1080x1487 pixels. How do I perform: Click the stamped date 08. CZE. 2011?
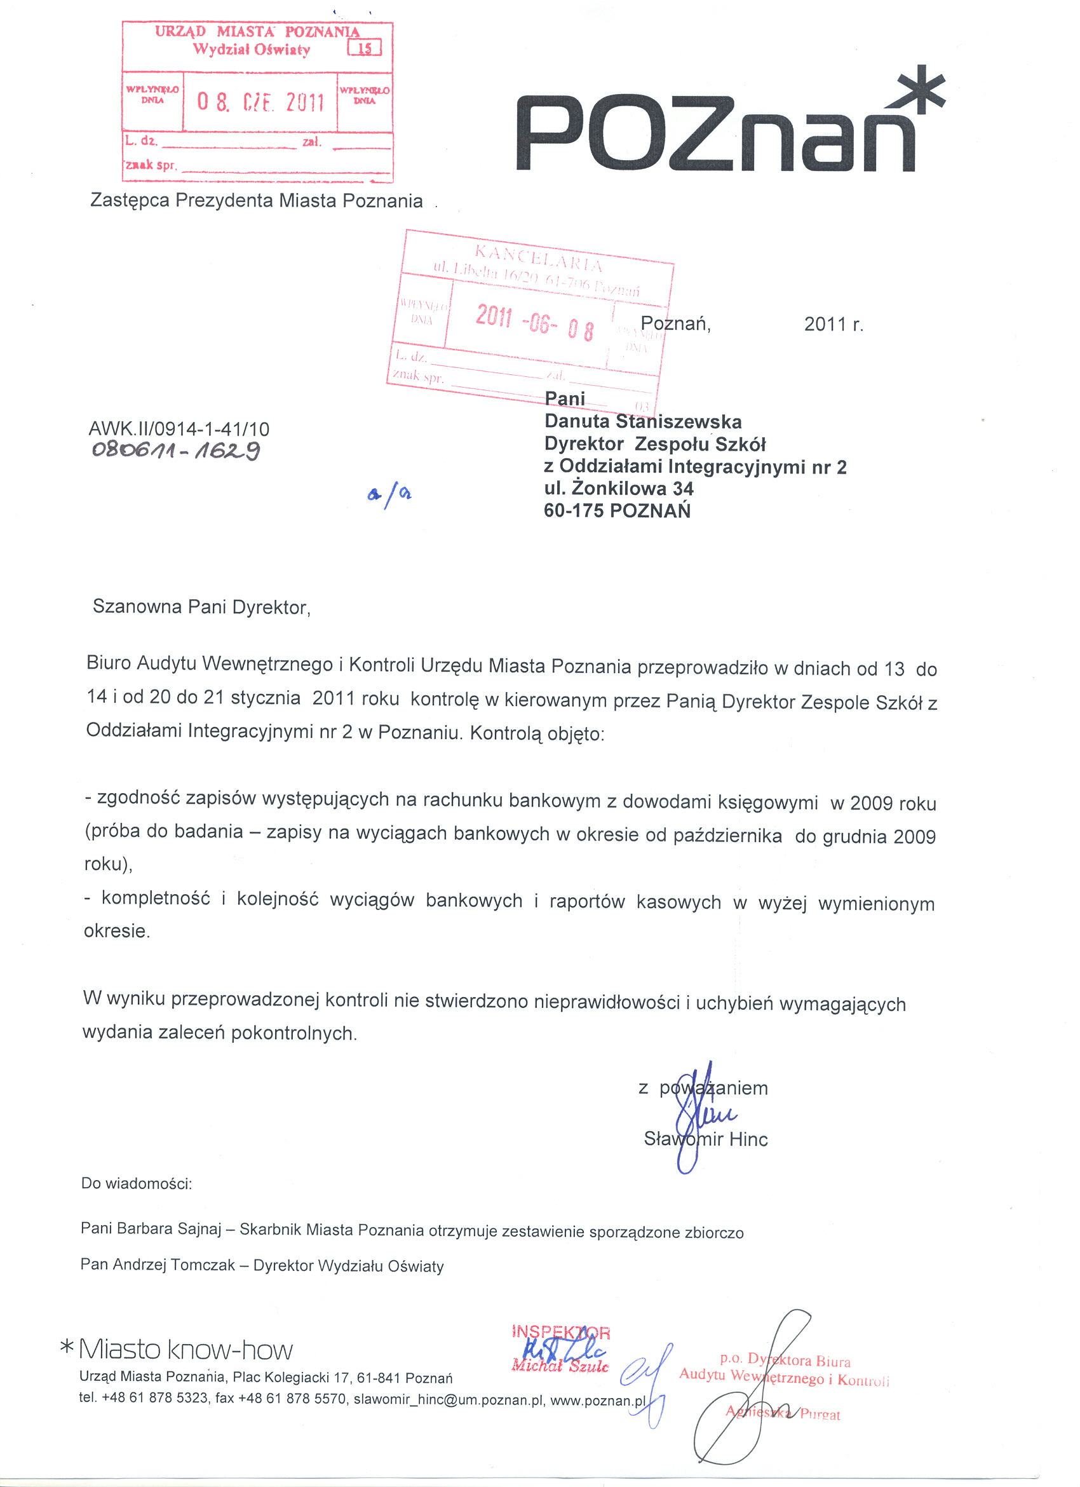(260, 102)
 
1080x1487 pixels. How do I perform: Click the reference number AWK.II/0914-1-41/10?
(179, 430)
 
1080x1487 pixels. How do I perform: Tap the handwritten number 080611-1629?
(175, 451)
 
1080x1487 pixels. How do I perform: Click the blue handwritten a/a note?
(389, 495)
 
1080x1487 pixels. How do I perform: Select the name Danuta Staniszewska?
(642, 421)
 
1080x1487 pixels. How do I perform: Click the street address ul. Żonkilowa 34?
(618, 489)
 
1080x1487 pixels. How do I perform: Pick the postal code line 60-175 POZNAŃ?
(617, 511)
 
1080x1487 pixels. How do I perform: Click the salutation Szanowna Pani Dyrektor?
(201, 606)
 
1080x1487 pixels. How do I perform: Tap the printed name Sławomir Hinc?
(705, 1139)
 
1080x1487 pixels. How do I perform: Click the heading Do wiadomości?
(137, 1183)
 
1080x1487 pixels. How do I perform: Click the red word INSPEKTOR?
(561, 1333)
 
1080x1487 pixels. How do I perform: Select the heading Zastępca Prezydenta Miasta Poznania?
(256, 201)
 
